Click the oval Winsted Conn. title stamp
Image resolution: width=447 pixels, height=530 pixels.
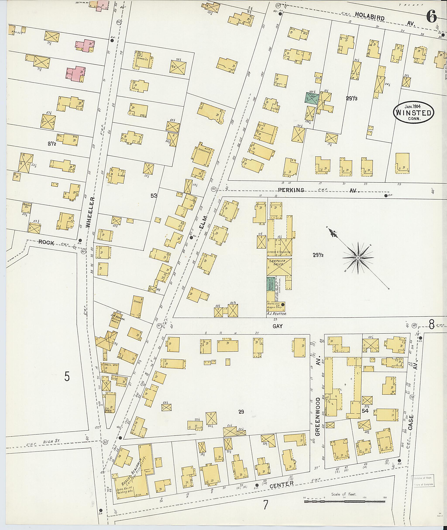pyautogui.click(x=414, y=113)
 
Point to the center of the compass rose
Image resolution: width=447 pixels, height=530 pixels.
pyautogui.click(x=358, y=258)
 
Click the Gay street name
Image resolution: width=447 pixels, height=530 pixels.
pyautogui.click(x=277, y=326)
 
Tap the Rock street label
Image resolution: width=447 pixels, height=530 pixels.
pyautogui.click(x=46, y=243)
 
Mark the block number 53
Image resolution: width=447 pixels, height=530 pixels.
pyautogui.click(x=154, y=196)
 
